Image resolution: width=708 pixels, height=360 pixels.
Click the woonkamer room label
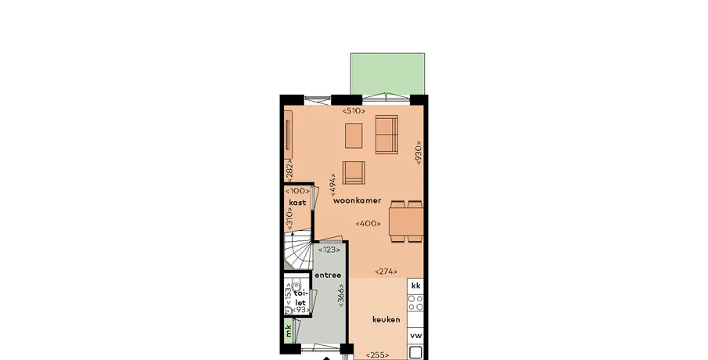pyautogui.click(x=358, y=200)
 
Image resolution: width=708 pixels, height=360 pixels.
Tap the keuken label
pyautogui.click(x=386, y=320)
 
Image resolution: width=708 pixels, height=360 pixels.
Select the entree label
pyautogui.click(x=328, y=275)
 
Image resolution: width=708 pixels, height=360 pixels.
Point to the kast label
pyautogui.click(x=297, y=203)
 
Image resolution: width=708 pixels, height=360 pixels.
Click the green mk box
pyautogui.click(x=289, y=330)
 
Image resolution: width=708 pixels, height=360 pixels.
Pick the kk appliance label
pyautogui.click(x=416, y=286)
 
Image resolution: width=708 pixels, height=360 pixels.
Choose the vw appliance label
pyautogui.click(x=416, y=336)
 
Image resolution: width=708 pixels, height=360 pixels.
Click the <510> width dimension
pyautogui.click(x=354, y=110)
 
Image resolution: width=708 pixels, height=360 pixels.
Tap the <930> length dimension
pyautogui.click(x=418, y=153)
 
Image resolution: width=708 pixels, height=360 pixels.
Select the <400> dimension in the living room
pyautogui.click(x=368, y=224)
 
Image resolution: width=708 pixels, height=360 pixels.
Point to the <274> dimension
pyautogui.click(x=386, y=272)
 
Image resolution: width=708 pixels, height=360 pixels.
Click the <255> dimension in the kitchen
pyautogui.click(x=377, y=355)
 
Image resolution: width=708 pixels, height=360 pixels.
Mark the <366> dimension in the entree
pyautogui.click(x=341, y=295)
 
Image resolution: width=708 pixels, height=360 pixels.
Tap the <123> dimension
pyautogui.click(x=329, y=250)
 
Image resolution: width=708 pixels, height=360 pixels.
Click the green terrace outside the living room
pyautogui.click(x=387, y=74)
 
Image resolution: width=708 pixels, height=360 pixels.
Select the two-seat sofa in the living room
pyautogui.click(x=387, y=134)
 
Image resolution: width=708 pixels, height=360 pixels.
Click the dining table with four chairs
pyautogui.click(x=406, y=221)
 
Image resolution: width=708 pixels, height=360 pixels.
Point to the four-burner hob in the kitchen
pyautogui.click(x=415, y=303)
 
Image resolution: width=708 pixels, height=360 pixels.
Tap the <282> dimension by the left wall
pyautogui.click(x=290, y=171)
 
